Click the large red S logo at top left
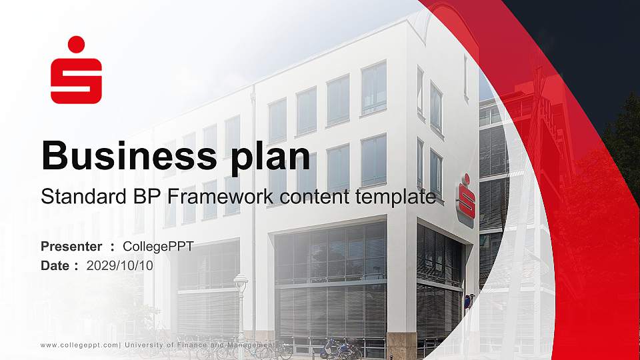pos(76,80)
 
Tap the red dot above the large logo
pos(76,44)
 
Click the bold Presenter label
pos(71,247)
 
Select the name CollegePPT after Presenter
pos(158,247)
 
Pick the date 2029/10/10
pos(120,265)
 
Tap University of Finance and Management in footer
pos(200,345)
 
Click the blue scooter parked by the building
pos(333,347)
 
